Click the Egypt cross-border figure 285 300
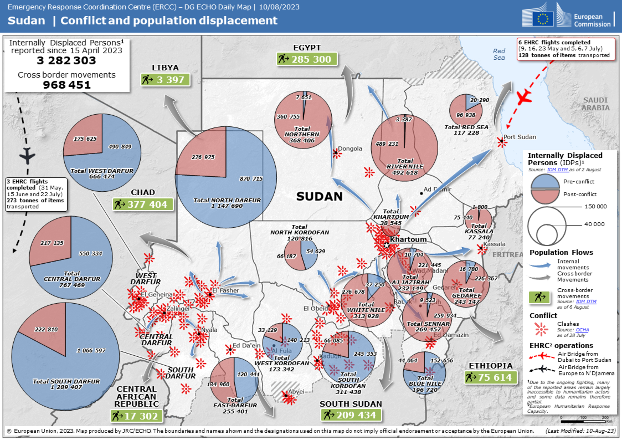[311, 59]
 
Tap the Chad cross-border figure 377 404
[147, 204]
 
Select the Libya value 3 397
[170, 80]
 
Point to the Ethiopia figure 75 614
[495, 377]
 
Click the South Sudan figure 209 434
[356, 415]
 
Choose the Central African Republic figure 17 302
[141, 416]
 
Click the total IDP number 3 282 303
[66, 60]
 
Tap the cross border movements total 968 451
[67, 85]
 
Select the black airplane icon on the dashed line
[27, 156]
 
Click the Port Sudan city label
[520, 137]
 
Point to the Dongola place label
[350, 149]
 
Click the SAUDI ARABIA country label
[595, 104]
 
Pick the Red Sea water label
[499, 54]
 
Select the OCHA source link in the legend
[582, 330]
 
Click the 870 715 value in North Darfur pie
[251, 179]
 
